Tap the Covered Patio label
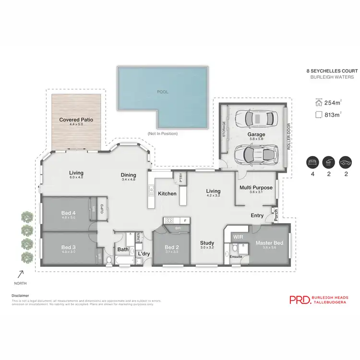point(76,120)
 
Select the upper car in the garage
point(255,118)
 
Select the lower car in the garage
point(255,153)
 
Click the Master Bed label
point(269,243)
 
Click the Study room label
point(207,243)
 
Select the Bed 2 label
point(171,247)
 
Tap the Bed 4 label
point(69,213)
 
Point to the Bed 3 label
point(69,247)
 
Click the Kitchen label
point(167,193)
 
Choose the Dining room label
point(129,175)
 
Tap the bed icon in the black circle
point(313,163)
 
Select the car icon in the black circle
point(345,163)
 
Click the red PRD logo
point(299,300)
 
